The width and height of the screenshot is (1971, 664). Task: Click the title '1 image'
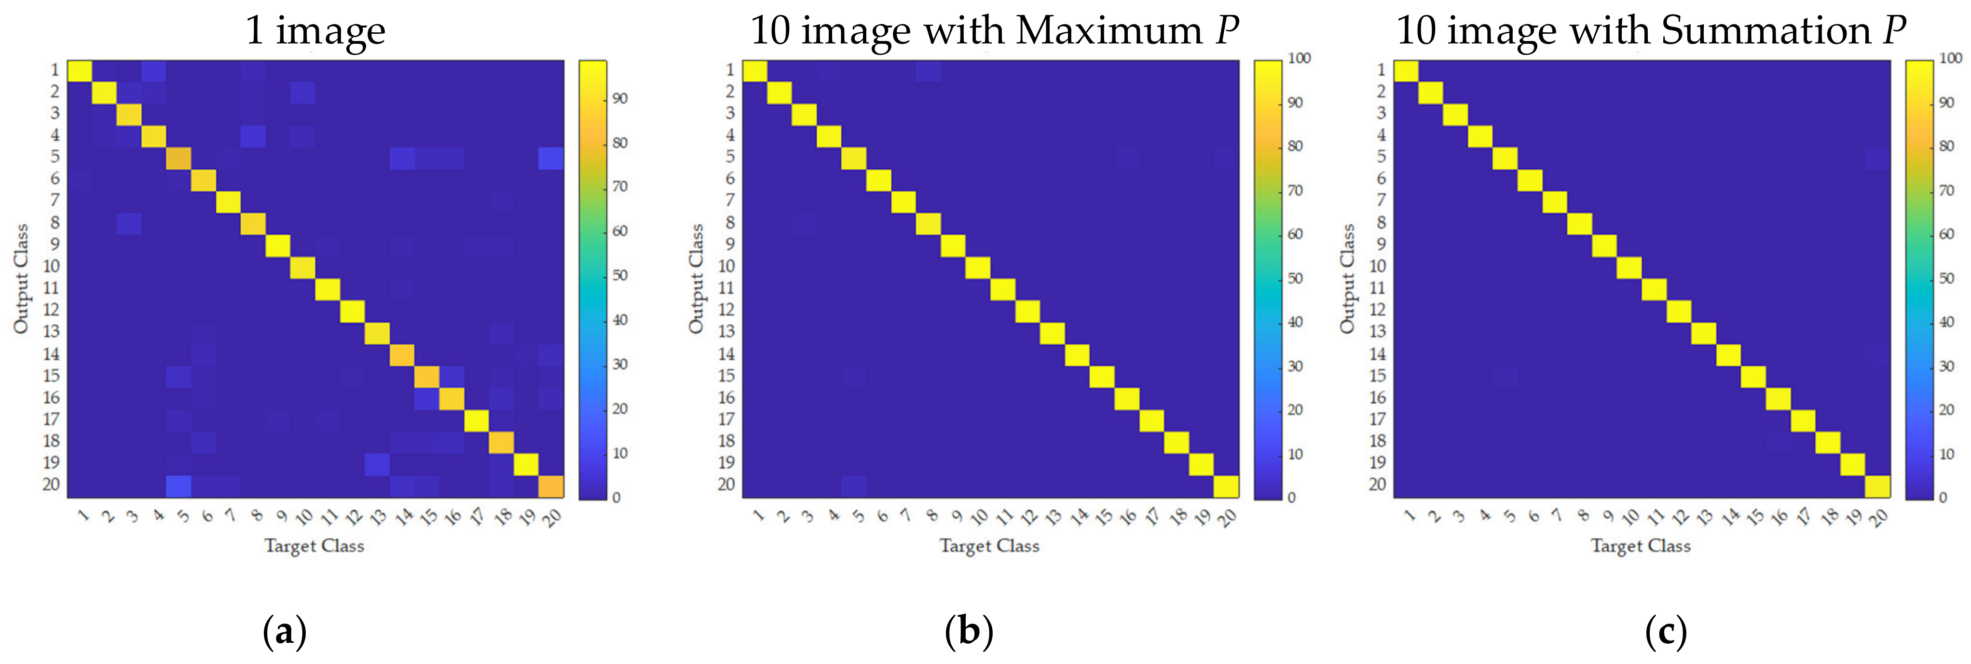pyautogui.click(x=315, y=30)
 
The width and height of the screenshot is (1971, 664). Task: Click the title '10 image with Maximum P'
pyautogui.click(x=993, y=30)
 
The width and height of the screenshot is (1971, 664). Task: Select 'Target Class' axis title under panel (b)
pyautogui.click(x=989, y=545)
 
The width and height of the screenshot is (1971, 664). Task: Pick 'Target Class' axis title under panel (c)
pyautogui.click(x=1641, y=545)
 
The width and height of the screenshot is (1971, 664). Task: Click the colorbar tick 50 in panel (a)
pyautogui.click(x=620, y=275)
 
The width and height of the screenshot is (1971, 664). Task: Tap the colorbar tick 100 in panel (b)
pyautogui.click(x=1299, y=58)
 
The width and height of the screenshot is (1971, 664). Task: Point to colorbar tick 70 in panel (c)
pyautogui.click(x=1946, y=190)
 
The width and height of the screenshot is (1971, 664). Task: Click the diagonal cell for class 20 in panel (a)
pyautogui.click(x=551, y=486)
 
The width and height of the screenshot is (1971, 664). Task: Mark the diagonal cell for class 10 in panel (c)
pyautogui.click(x=1629, y=268)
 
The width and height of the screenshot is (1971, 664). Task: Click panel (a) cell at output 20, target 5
pyautogui.click(x=178, y=486)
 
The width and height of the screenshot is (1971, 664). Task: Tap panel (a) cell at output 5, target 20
pyautogui.click(x=551, y=158)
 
